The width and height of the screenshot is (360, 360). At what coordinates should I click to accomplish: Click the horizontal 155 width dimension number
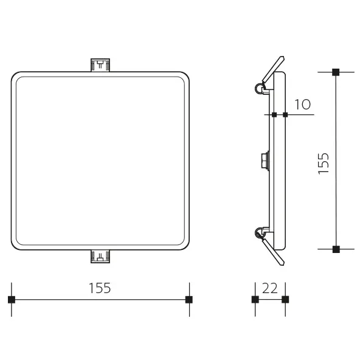(100, 288)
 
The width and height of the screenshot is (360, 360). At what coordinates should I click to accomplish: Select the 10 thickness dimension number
(302, 105)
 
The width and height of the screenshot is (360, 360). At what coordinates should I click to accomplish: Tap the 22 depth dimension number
(271, 288)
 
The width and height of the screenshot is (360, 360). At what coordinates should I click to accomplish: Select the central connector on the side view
(265, 160)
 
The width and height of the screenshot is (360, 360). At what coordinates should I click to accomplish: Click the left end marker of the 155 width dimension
(11, 299)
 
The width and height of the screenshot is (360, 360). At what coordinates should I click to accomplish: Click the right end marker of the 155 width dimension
(189, 299)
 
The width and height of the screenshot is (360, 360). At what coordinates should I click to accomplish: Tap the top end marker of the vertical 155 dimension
(336, 72)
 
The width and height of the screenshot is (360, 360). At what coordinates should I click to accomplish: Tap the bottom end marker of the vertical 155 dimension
(336, 249)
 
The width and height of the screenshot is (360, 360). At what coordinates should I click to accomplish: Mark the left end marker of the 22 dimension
(255, 299)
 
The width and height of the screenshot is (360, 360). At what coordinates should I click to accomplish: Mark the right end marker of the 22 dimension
(285, 299)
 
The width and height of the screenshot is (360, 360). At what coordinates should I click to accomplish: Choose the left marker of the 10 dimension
(274, 114)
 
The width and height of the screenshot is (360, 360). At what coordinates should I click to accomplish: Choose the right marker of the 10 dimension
(285, 114)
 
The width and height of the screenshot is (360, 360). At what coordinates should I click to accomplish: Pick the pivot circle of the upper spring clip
(259, 89)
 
